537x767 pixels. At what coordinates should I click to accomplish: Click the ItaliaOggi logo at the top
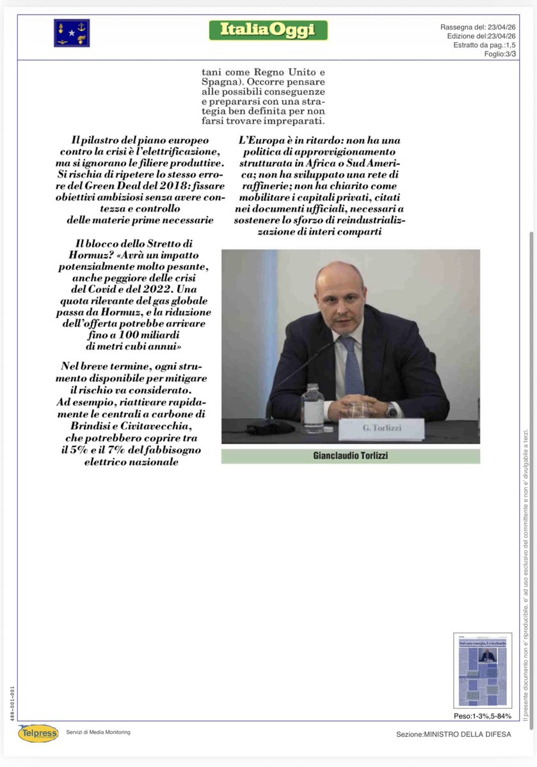click(x=268, y=29)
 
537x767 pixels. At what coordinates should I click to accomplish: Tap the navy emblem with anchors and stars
click(x=72, y=33)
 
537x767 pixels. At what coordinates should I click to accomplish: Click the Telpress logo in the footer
click(x=38, y=733)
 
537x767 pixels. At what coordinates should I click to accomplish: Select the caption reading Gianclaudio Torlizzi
click(x=350, y=456)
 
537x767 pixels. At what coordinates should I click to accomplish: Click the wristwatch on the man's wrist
click(x=391, y=410)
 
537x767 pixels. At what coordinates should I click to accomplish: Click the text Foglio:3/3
click(x=500, y=54)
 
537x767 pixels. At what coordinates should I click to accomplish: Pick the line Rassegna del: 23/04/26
click(x=478, y=27)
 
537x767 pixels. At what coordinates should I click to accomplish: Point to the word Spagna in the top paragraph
click(x=218, y=83)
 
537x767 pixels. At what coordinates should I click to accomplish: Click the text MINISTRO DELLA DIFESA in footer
click(x=467, y=734)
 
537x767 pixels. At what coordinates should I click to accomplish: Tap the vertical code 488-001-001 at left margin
click(x=13, y=704)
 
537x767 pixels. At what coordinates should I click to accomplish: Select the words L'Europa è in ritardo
click(x=288, y=140)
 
